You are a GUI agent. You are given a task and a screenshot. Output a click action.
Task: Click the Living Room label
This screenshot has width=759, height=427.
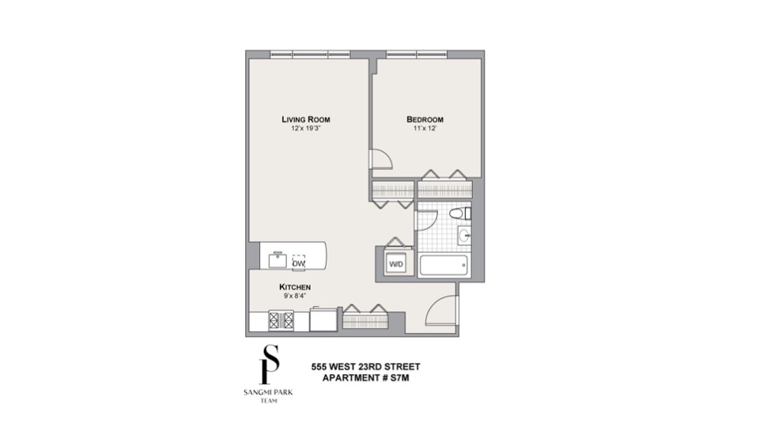306,119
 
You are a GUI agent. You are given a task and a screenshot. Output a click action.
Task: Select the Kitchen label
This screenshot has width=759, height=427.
294,286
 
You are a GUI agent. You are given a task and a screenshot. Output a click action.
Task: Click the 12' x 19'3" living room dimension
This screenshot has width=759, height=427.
306,128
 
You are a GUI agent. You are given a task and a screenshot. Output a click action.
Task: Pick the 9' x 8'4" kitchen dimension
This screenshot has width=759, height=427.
294,295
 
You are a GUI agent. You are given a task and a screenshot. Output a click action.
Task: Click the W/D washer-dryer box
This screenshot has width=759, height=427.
395,264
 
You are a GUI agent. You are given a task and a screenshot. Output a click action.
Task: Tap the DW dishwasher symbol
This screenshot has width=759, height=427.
299,263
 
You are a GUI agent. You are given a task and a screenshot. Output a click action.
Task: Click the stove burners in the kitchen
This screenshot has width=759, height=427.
282,320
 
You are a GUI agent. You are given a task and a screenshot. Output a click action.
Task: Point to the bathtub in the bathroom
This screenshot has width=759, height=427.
444,265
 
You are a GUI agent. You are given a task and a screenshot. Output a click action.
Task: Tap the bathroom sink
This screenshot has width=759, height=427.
466,235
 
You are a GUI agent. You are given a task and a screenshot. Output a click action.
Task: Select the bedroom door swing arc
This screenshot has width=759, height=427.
381,159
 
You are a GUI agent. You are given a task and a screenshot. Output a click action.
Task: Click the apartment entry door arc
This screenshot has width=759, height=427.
441,310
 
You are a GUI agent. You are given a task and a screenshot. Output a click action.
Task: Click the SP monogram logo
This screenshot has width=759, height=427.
271,365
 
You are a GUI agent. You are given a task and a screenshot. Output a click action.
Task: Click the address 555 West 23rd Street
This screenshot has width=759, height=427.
364,366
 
